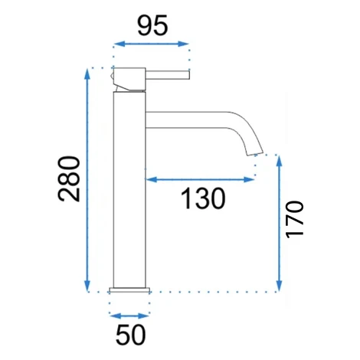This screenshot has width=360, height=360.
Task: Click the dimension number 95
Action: click(x=152, y=25)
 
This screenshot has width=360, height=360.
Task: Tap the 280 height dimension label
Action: click(x=69, y=178)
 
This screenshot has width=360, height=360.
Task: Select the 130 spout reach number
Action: click(x=203, y=198)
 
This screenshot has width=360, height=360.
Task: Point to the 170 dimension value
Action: click(x=294, y=220)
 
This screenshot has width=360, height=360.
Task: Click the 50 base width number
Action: click(x=130, y=335)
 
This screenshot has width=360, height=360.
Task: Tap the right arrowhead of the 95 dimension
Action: click(x=183, y=44)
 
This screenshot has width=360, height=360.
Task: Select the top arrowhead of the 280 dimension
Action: click(x=87, y=74)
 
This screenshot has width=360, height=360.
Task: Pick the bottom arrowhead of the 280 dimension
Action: click(x=87, y=286)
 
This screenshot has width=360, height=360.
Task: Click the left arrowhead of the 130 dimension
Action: click(x=151, y=179)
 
